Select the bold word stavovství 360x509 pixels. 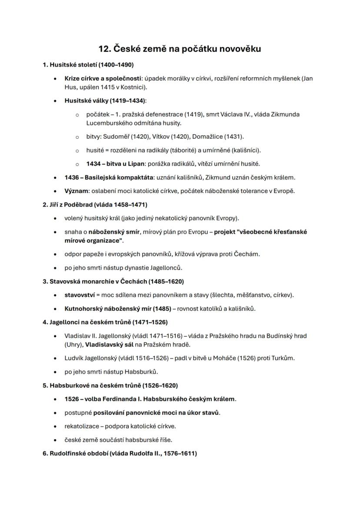point(80,295)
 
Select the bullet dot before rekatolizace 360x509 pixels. point(55,426)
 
